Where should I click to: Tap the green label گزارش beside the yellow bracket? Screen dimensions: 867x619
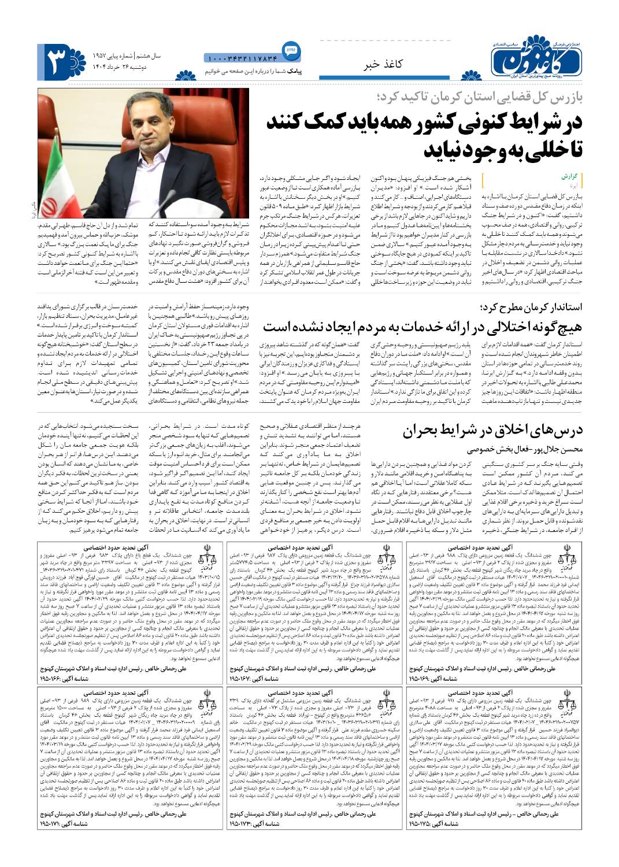(569, 175)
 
